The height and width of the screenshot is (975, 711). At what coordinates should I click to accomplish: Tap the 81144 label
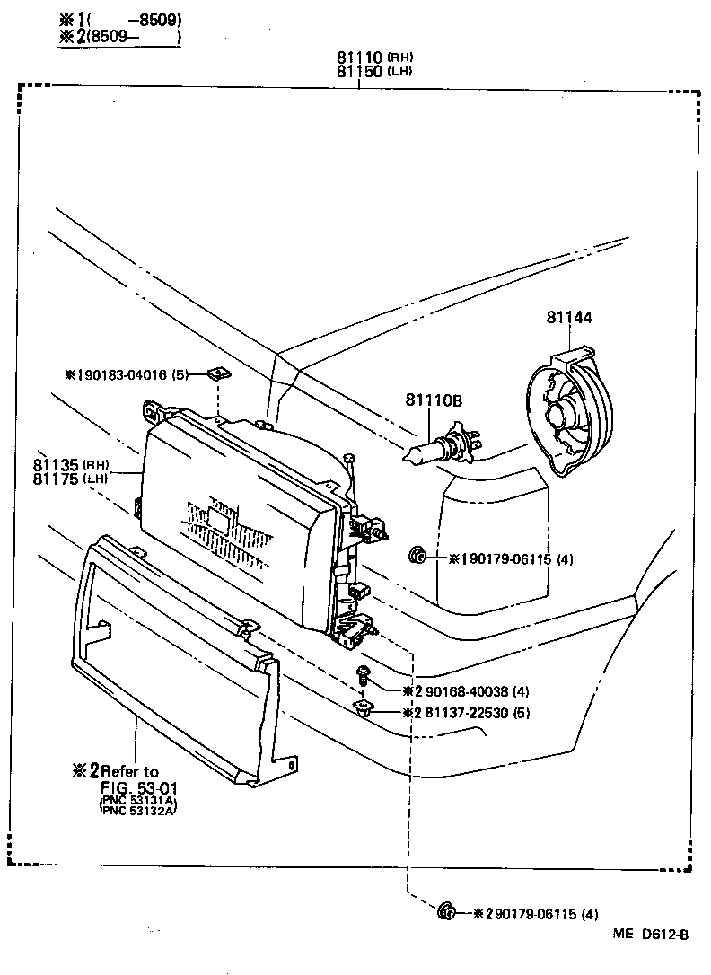tap(569, 316)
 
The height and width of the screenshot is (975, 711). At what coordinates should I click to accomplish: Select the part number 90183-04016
tap(125, 375)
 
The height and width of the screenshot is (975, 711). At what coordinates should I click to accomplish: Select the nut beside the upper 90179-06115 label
tap(416, 557)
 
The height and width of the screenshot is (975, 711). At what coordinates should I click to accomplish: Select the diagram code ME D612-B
tap(650, 935)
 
